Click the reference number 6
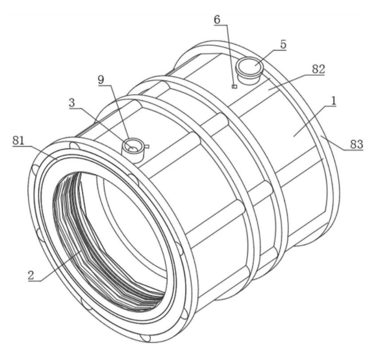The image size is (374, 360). [x=217, y=20]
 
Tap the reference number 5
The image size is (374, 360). [x=283, y=45]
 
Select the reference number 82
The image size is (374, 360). [x=318, y=69]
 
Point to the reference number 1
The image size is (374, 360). [x=334, y=101]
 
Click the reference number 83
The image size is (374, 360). [x=356, y=144]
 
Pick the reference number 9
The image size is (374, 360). [x=101, y=80]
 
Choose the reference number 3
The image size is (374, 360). [x=72, y=103]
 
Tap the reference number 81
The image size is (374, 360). [x=18, y=140]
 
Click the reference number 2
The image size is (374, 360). [x=31, y=275]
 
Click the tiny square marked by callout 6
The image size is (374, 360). [x=234, y=86]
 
